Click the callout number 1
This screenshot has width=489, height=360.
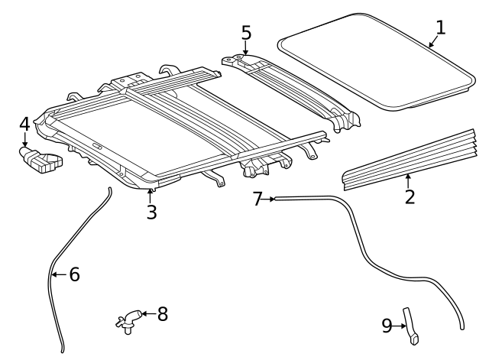coord(440,28)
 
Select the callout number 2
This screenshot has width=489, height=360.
coord(410,196)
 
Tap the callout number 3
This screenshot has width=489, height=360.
coord(151,212)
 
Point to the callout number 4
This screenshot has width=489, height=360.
coord(24,124)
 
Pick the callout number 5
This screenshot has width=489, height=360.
coord(245,32)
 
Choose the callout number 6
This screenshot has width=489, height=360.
coord(74,274)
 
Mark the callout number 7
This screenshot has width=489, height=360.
coord(257,199)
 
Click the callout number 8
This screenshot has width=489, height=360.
coord(162,313)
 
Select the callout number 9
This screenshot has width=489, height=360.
coord(387,326)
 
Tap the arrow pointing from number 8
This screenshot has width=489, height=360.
coord(147,313)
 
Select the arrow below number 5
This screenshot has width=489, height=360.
coord(245,48)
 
